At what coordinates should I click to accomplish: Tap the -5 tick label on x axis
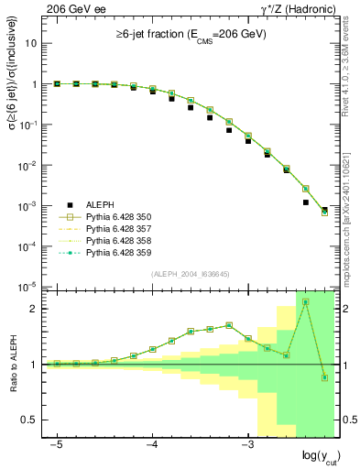pos(57,442)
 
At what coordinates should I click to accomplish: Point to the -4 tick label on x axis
pos(152,442)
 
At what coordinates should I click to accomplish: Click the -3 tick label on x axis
pos(246,442)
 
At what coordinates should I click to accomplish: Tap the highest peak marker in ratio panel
pos(306,301)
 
